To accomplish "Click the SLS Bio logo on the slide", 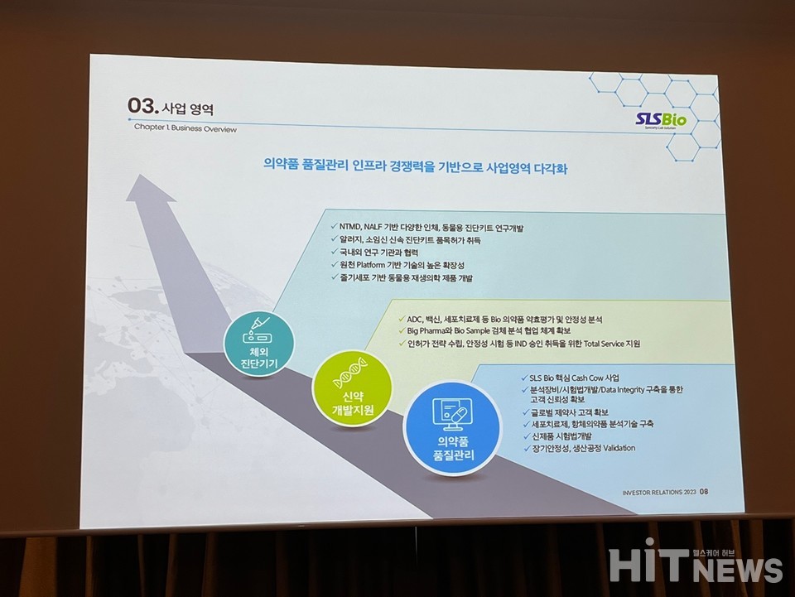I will pyautogui.click(x=662, y=121).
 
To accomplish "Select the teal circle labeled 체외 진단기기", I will pyautogui.click(x=257, y=344).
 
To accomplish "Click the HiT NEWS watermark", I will pyautogui.click(x=695, y=565).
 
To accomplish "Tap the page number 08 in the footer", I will pyautogui.click(x=703, y=491).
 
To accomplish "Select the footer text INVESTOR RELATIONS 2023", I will pyautogui.click(x=658, y=492).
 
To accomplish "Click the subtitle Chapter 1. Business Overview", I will pyautogui.click(x=185, y=129).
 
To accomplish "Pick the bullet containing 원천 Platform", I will pyautogui.click(x=398, y=264).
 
